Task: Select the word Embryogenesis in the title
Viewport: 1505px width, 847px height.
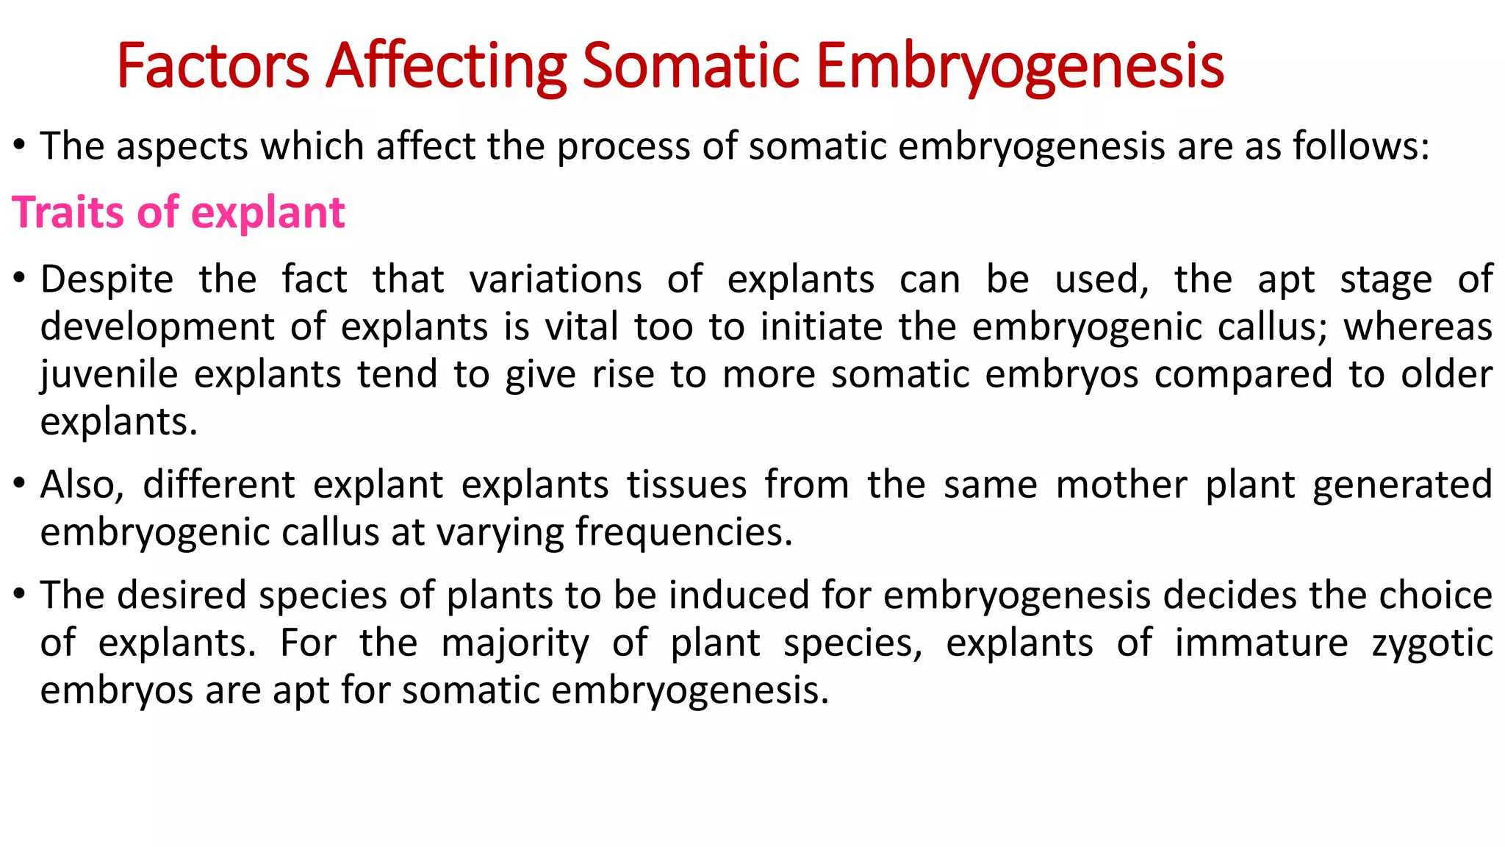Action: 1020,68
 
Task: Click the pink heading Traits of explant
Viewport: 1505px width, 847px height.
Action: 179,213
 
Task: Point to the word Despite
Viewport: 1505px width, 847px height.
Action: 107,280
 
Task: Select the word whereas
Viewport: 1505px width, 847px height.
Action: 1418,327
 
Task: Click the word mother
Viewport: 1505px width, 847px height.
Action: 1121,485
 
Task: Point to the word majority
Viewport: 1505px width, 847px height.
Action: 515,644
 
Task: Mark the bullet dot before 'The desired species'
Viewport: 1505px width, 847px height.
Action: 20,593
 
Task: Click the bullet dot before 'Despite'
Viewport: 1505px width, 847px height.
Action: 20,278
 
